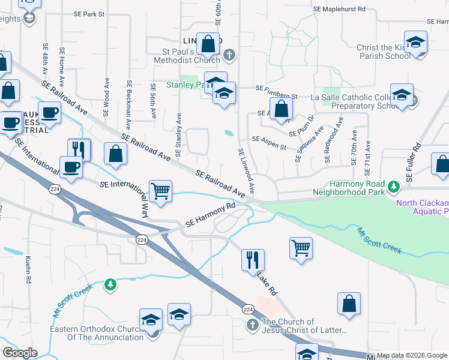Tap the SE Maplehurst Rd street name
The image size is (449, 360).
(x=339, y=9)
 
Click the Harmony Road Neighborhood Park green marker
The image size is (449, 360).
(x=394, y=187)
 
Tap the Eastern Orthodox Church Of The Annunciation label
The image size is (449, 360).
(x=97, y=333)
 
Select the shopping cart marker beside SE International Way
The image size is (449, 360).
(x=160, y=191)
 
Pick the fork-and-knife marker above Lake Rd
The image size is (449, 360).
(x=253, y=260)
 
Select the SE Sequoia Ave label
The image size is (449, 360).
(x=308, y=144)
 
